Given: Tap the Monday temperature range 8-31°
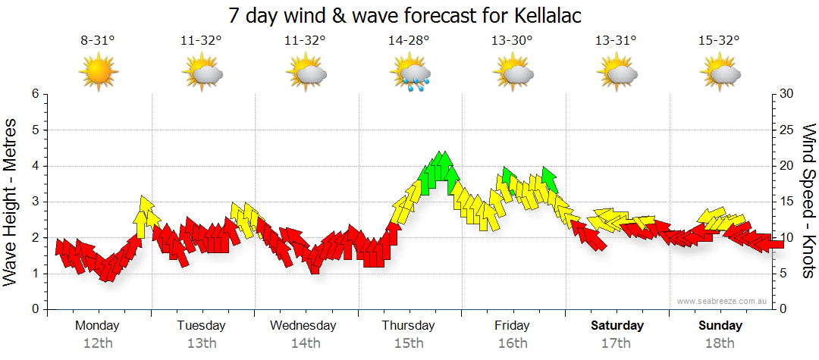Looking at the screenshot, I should [x=98, y=42].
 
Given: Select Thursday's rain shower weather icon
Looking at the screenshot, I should [x=410, y=74].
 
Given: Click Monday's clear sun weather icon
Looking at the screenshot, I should [x=99, y=74].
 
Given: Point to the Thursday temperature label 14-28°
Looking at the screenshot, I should [x=409, y=42].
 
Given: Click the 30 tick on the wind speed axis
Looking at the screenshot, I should [x=786, y=94].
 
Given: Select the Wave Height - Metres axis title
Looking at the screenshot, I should [x=11, y=202].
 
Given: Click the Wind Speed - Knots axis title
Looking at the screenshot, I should [x=808, y=202].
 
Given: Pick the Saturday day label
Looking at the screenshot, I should [x=617, y=326].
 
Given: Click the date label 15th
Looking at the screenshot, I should [x=409, y=343].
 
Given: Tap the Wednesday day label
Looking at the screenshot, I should [x=303, y=326].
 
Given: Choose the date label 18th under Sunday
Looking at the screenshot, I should [x=720, y=343].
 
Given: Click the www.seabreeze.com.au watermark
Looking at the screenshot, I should [x=718, y=301].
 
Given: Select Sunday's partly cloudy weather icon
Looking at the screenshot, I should [x=720, y=74].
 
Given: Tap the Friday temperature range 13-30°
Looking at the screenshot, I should [x=513, y=42].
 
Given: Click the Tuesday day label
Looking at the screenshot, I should [x=201, y=326].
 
